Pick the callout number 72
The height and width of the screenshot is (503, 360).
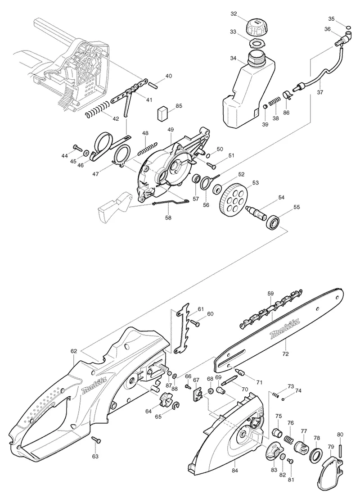tap(285, 354)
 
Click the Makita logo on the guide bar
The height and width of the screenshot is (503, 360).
tap(285, 329)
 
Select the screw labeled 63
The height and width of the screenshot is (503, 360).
tap(95, 440)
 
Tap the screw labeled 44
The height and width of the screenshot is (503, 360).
tap(78, 148)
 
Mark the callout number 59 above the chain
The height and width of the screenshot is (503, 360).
tap(270, 293)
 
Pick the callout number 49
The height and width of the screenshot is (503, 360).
tap(171, 130)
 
